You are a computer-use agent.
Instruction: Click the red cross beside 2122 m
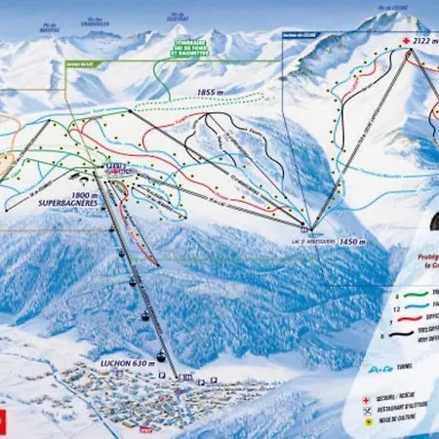click(x=406, y=41)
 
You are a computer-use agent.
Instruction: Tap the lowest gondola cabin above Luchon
click(x=158, y=355)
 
